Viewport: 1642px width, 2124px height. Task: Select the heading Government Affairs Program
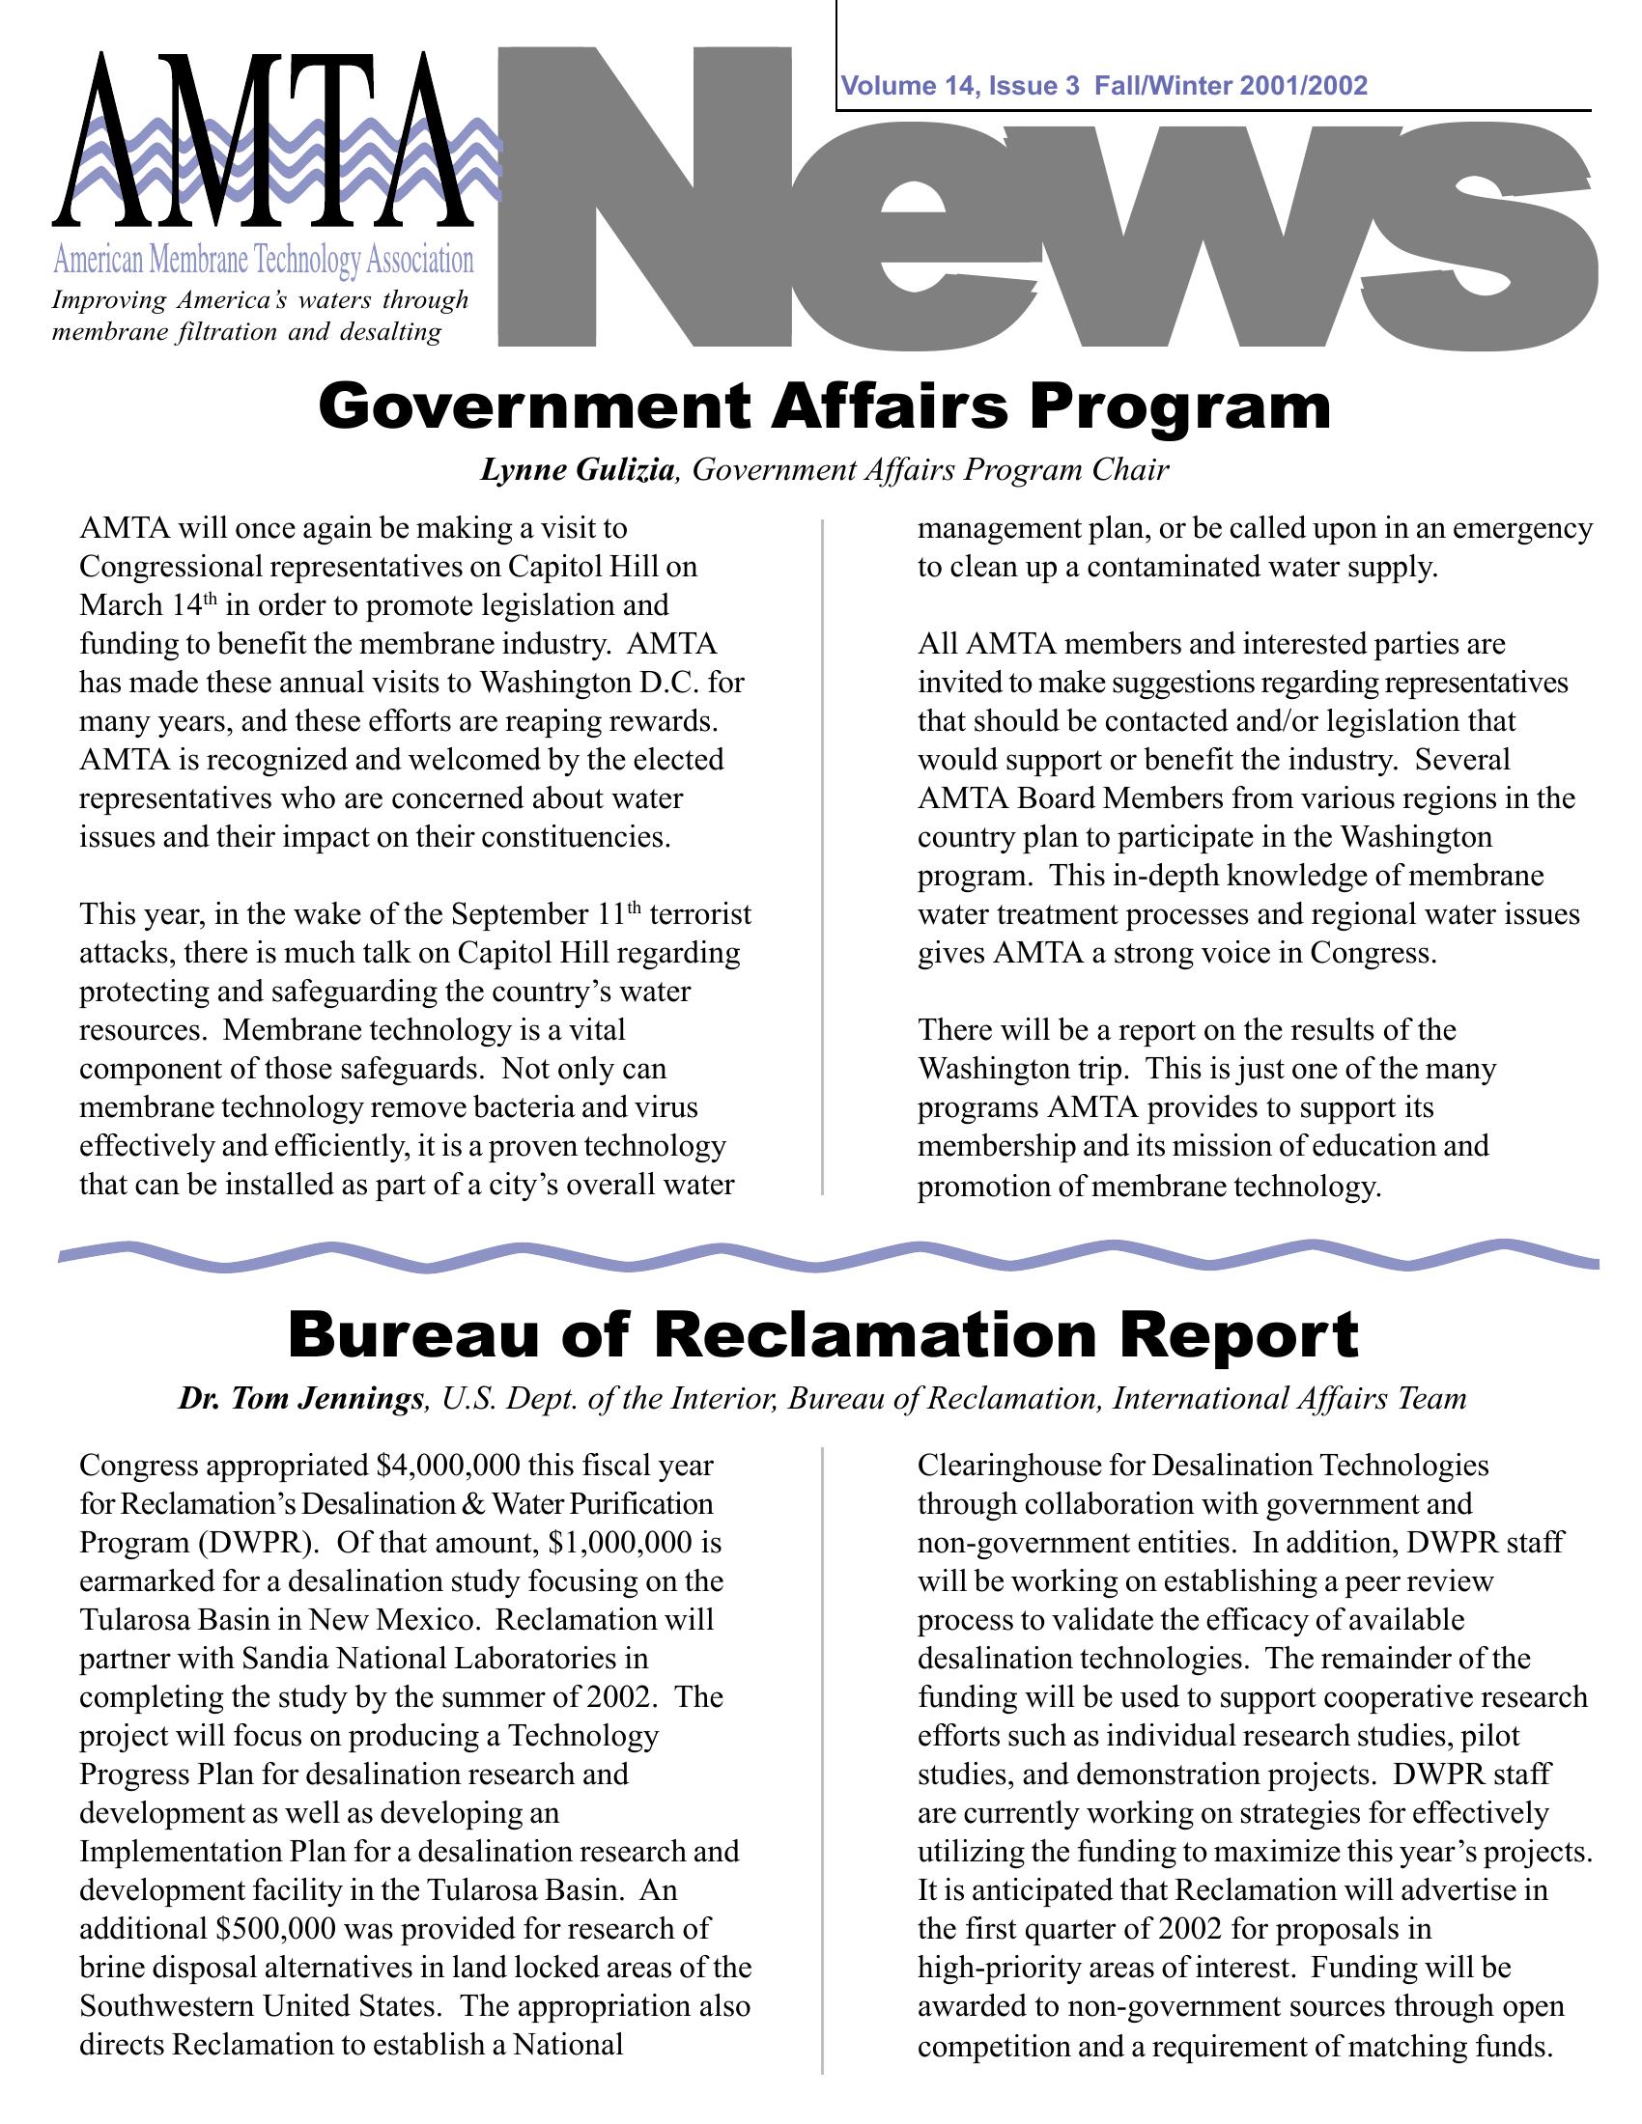point(824,407)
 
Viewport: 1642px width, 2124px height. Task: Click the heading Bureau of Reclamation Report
point(823,1335)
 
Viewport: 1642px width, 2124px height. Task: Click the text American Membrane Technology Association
point(263,262)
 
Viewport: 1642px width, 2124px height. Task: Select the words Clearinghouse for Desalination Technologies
point(1203,1466)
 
